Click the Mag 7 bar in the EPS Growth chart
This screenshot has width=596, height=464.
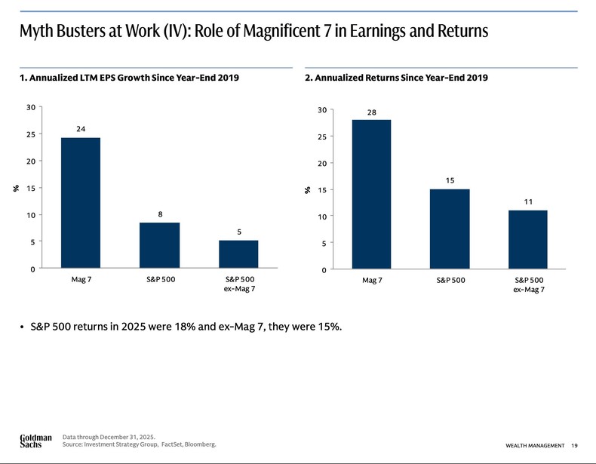pyautogui.click(x=80, y=203)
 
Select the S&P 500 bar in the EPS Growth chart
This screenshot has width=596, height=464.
pyautogui.click(x=159, y=245)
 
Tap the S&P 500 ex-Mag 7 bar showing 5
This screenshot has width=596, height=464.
pyautogui.click(x=238, y=254)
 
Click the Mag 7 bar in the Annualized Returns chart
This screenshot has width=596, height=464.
pyautogui.click(x=371, y=194)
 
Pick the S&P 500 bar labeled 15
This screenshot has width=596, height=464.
pyautogui.click(x=450, y=229)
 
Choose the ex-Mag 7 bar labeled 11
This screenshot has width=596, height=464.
pyautogui.click(x=528, y=239)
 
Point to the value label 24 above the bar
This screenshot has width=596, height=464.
pyautogui.click(x=80, y=129)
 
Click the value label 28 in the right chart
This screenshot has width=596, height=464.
pyautogui.click(x=371, y=112)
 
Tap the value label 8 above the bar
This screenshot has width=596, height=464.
pyautogui.click(x=160, y=214)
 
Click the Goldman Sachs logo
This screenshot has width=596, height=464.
pyautogui.click(x=35, y=441)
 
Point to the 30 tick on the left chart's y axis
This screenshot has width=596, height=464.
pyautogui.click(x=31, y=107)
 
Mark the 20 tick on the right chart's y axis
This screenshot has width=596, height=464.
pyautogui.click(x=321, y=164)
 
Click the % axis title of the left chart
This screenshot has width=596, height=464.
pyautogui.click(x=16, y=188)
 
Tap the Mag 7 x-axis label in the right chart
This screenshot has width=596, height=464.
pyautogui.click(x=372, y=280)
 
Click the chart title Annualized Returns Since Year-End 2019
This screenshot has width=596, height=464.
pyautogui.click(x=396, y=78)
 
